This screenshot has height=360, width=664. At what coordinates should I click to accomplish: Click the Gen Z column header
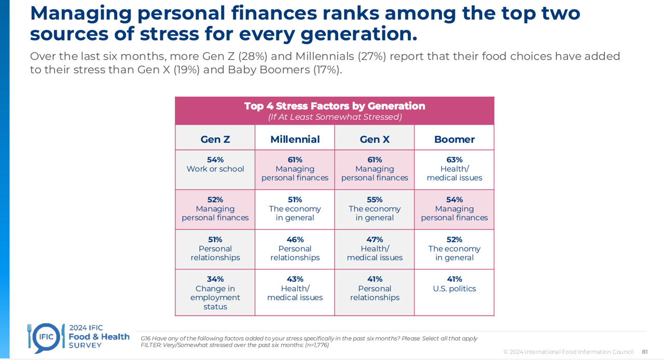(215, 140)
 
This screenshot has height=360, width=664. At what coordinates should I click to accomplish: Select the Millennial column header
(295, 140)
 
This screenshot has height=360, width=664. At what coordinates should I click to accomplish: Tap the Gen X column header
(375, 140)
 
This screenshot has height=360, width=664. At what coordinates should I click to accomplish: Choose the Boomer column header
(454, 140)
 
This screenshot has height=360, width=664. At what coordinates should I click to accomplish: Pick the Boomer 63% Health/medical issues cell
(454, 169)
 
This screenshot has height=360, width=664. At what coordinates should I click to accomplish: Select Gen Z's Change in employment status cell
(215, 293)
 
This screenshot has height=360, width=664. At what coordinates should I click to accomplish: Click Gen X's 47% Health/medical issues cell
(375, 249)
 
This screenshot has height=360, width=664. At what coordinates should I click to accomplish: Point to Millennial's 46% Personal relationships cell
(295, 249)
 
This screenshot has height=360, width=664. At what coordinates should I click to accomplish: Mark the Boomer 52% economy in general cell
(454, 249)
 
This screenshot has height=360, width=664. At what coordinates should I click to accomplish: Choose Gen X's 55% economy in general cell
(375, 209)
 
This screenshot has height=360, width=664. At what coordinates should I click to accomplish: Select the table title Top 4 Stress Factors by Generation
(335, 106)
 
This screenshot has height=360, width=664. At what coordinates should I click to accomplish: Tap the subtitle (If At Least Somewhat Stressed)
(335, 117)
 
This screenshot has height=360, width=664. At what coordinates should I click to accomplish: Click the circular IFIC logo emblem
(45, 337)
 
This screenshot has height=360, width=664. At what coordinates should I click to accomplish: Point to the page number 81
(645, 352)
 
